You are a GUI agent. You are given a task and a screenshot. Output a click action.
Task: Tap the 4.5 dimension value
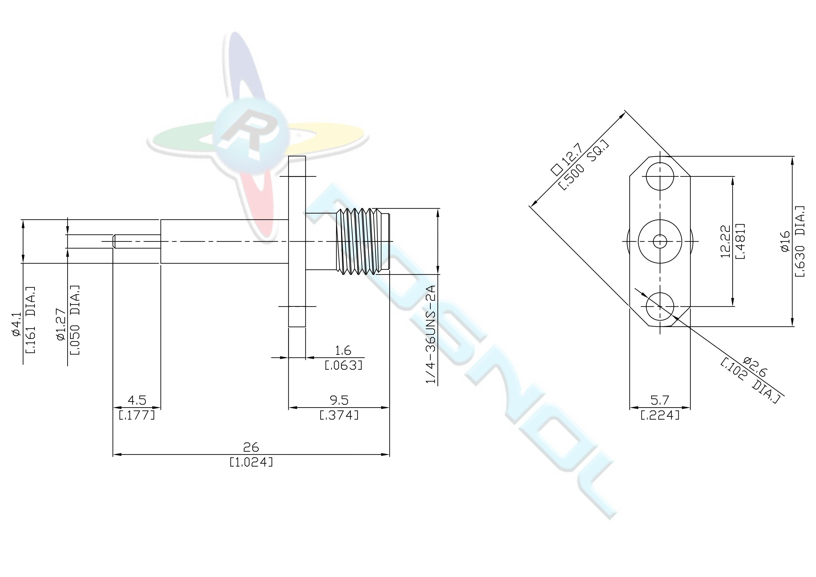137,400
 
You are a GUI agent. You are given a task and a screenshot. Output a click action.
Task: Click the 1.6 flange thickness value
343,350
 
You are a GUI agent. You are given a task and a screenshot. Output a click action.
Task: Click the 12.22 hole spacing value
725,241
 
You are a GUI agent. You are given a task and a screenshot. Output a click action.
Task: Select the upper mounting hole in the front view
660,177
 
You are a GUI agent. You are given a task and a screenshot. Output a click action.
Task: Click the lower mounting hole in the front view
660,306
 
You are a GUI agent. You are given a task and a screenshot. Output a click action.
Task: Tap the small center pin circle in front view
660,241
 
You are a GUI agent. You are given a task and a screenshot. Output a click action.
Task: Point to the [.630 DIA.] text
801,241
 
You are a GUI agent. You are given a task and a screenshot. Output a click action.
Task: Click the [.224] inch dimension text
660,415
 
